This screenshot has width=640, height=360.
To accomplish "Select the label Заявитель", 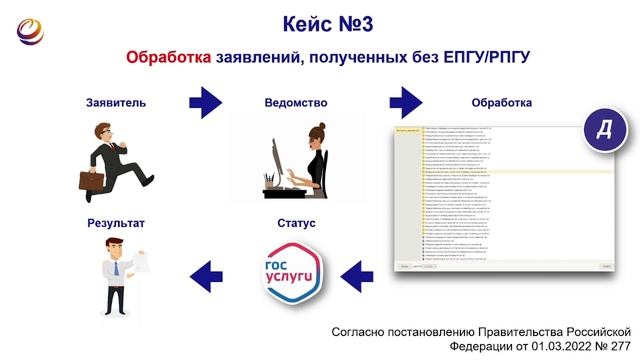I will coord(118,102).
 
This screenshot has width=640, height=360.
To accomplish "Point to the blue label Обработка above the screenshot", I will coord(501,102).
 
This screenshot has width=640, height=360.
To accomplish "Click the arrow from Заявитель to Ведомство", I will coord(205,101).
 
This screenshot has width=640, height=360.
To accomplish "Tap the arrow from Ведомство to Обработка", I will coord(404,101).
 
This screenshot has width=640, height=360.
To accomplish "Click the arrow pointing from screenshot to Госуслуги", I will coord(356,269).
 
